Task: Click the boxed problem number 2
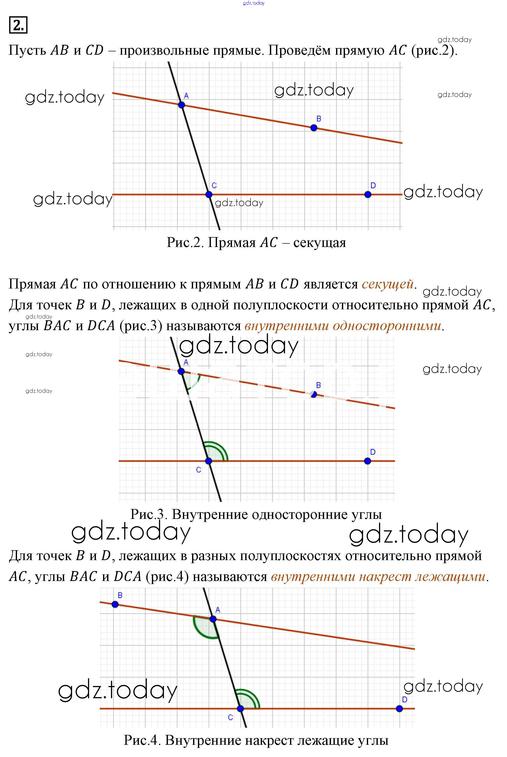coord(18,25)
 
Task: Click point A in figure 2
coord(181,105)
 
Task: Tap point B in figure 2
coord(314,128)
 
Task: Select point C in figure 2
coord(209,195)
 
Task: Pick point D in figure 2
coord(368,195)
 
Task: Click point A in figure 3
coord(181,371)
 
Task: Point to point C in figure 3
coord(209,461)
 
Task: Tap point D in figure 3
coord(367,461)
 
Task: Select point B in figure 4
coord(115,604)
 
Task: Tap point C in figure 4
coord(240,708)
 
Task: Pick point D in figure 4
coord(399,708)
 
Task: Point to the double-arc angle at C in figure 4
coord(248,700)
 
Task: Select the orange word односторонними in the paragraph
coord(387,326)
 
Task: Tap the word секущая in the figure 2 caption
coord(320,242)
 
